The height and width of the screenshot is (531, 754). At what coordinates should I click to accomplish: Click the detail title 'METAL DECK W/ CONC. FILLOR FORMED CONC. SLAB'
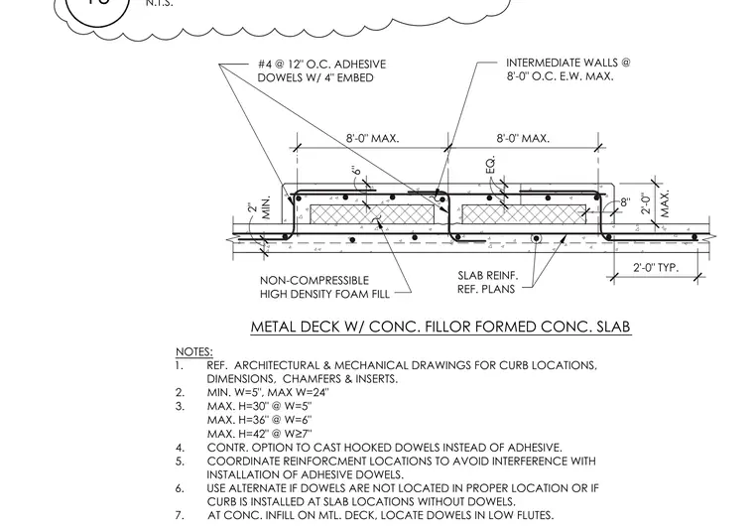coord(440,327)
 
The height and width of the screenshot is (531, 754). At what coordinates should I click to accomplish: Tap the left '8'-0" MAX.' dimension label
coord(372,139)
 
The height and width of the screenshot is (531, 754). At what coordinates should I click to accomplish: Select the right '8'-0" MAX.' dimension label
coord(523,139)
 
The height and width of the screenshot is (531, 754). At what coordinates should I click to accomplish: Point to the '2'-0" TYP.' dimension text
coord(656,267)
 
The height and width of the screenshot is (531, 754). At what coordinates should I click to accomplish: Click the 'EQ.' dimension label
coord(490,166)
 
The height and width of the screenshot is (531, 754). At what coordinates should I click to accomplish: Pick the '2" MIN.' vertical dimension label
coord(260,207)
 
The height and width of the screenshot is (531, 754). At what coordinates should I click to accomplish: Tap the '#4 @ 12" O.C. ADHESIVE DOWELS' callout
coord(321,70)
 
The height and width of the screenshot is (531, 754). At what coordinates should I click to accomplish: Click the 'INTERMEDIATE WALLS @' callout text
coord(567,63)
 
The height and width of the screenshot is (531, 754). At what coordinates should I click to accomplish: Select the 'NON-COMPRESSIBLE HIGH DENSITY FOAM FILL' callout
coord(324,287)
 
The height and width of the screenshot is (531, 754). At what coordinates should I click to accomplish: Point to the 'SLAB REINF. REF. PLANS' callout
coord(487,282)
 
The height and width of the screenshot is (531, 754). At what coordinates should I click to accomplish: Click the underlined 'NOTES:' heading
coord(194,351)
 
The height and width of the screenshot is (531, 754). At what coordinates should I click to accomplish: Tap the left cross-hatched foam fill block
coord(372,214)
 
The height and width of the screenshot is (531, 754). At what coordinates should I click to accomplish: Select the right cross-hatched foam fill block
coord(524,214)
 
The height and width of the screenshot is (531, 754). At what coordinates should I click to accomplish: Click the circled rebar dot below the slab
coord(536,238)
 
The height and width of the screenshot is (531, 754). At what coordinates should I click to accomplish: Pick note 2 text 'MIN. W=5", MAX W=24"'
coord(268,392)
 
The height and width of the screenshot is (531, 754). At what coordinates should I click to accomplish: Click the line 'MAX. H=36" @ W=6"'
coord(260,420)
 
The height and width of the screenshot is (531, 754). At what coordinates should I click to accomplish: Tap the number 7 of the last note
coord(179,515)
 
